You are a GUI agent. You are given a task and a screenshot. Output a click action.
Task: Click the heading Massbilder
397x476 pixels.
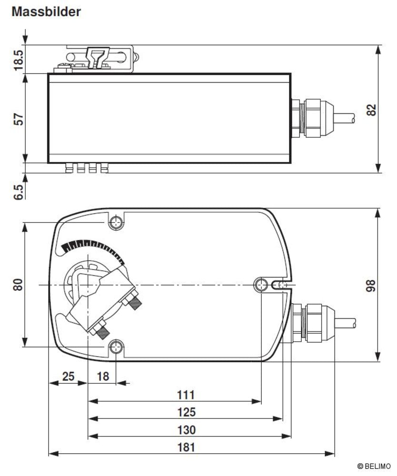tap(46, 12)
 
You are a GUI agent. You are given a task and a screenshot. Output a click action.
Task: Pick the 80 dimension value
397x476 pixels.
tap(18, 285)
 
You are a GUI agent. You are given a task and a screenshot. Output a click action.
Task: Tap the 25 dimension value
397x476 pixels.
tap(69, 377)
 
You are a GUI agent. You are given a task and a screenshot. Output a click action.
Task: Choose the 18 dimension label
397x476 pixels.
tap(103, 377)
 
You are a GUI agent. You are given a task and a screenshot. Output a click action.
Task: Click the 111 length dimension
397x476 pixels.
tap(186, 395)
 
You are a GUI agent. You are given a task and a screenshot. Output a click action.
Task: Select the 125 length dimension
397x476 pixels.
tap(186, 412)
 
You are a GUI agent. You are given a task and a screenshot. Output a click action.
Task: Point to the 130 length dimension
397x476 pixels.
tap(186, 430)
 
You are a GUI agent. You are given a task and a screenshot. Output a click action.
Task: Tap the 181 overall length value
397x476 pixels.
tap(186, 447)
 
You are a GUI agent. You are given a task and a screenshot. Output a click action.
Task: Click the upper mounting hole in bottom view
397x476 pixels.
tap(116, 222)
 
